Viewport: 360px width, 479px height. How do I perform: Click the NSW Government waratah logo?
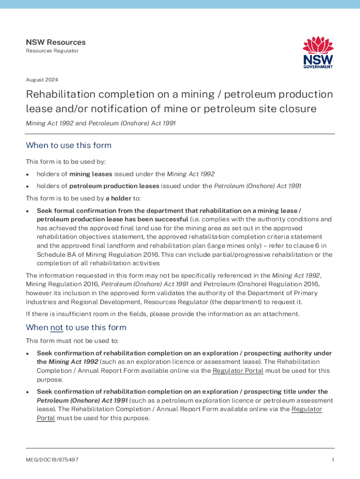318,53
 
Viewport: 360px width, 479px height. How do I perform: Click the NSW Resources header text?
56,42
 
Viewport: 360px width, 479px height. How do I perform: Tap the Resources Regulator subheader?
52,51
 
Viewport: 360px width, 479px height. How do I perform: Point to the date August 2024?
42,80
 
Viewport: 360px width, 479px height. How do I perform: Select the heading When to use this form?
68,145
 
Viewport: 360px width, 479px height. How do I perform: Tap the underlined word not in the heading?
57,327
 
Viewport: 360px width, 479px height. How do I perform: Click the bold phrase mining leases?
91,174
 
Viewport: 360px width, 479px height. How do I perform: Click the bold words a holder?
119,198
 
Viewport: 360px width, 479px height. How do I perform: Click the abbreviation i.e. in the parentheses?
195,219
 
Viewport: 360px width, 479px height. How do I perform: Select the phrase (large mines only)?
237,245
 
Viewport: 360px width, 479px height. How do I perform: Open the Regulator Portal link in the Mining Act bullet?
238,371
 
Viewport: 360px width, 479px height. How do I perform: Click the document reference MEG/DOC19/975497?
52,460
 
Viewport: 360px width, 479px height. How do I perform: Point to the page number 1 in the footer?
332,460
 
